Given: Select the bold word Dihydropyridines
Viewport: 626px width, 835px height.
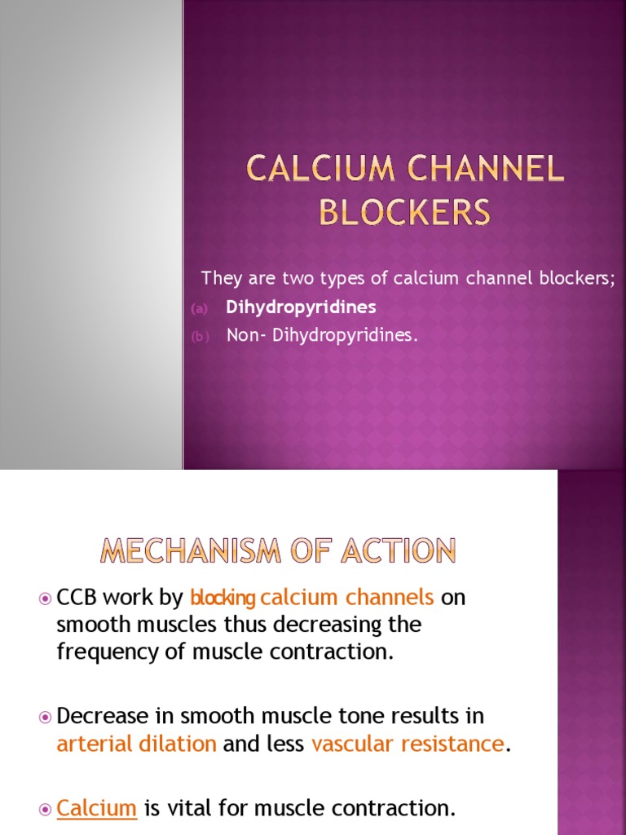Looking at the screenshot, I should (301, 307).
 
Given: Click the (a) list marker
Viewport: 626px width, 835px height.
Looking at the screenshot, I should (200, 308).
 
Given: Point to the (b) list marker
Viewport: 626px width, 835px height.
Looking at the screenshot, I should (200, 336).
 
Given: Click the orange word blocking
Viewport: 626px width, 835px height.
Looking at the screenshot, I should (223, 599).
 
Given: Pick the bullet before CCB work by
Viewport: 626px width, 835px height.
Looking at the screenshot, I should (45, 599).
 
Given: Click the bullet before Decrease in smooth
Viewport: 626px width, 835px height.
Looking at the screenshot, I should (45, 717).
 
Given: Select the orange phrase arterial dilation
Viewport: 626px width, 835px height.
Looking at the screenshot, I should (137, 744).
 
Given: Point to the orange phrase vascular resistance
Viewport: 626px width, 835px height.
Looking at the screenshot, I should (408, 744).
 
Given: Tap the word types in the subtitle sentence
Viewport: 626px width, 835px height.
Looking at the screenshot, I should (339, 278).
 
